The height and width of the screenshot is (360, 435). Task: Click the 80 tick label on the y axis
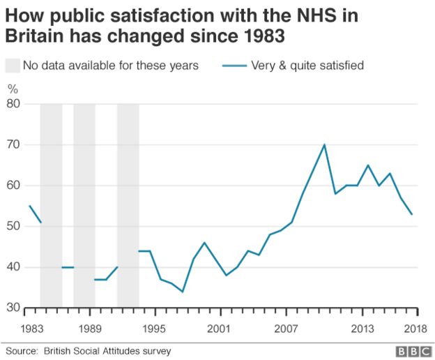tap(13, 104)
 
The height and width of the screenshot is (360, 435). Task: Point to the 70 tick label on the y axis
tap(13, 145)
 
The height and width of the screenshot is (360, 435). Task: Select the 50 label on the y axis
tap(13, 227)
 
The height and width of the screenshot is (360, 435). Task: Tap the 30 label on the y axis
tap(13, 308)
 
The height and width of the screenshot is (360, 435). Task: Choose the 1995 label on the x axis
tap(153, 329)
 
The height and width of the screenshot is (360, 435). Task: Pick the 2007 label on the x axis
tap(287, 329)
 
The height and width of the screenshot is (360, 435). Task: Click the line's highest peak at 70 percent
tap(324, 144)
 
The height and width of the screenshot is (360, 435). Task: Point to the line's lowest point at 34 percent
tap(183, 292)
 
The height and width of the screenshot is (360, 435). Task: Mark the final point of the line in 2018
tap(412, 214)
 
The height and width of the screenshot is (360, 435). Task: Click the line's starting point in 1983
tap(29, 206)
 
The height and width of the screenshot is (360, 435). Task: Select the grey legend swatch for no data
tap(13, 66)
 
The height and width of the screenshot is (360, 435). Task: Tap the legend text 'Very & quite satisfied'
tap(307, 66)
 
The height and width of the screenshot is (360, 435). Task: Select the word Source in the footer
tap(22, 350)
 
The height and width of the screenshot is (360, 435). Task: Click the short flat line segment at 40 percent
tap(68, 267)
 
